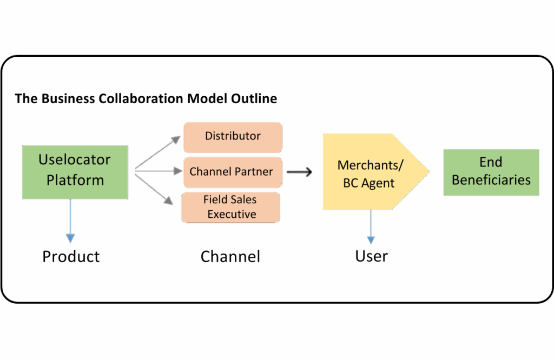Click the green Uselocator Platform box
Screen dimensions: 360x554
pyautogui.click(x=75, y=172)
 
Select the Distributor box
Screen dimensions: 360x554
pyautogui.click(x=233, y=137)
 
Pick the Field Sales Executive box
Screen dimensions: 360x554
pyautogui.click(x=230, y=207)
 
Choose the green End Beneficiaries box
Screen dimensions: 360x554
pyautogui.click(x=491, y=172)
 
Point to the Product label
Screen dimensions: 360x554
pyautogui.click(x=71, y=256)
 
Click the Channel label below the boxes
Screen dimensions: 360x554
pyautogui.click(x=230, y=256)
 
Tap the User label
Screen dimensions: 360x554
pyautogui.click(x=371, y=256)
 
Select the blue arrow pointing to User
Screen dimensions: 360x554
pyautogui.click(x=371, y=227)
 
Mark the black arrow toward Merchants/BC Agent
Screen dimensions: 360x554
pyautogui.click(x=299, y=172)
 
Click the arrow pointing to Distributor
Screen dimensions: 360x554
pyautogui.click(x=157, y=152)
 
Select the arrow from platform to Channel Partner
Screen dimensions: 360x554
pyautogui.click(x=159, y=171)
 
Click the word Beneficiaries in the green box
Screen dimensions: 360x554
pyautogui.click(x=491, y=180)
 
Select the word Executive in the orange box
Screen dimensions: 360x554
pyautogui.click(x=232, y=214)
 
